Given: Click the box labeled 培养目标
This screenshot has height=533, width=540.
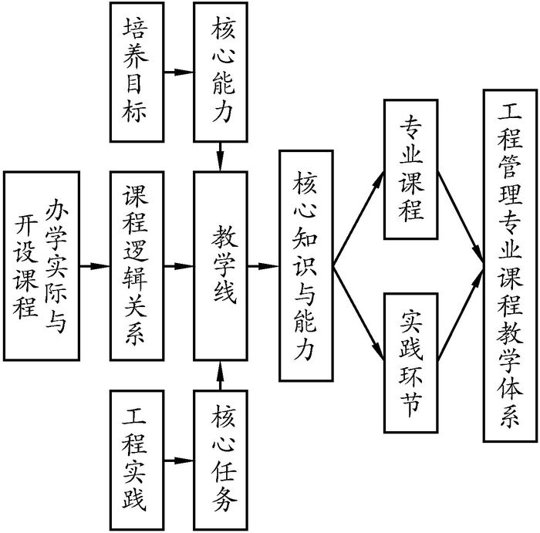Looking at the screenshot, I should [x=139, y=72].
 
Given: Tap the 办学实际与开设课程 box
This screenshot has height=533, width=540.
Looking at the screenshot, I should [x=42, y=266].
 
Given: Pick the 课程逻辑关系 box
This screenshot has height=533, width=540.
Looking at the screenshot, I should [x=139, y=266].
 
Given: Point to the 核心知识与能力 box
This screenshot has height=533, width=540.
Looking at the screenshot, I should [x=305, y=266].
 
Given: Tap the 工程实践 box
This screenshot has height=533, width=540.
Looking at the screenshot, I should [x=139, y=461].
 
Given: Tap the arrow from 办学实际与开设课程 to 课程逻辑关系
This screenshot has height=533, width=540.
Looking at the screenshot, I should [x=96, y=266].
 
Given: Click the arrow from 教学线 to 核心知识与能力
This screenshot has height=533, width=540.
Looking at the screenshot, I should [x=264, y=266].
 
